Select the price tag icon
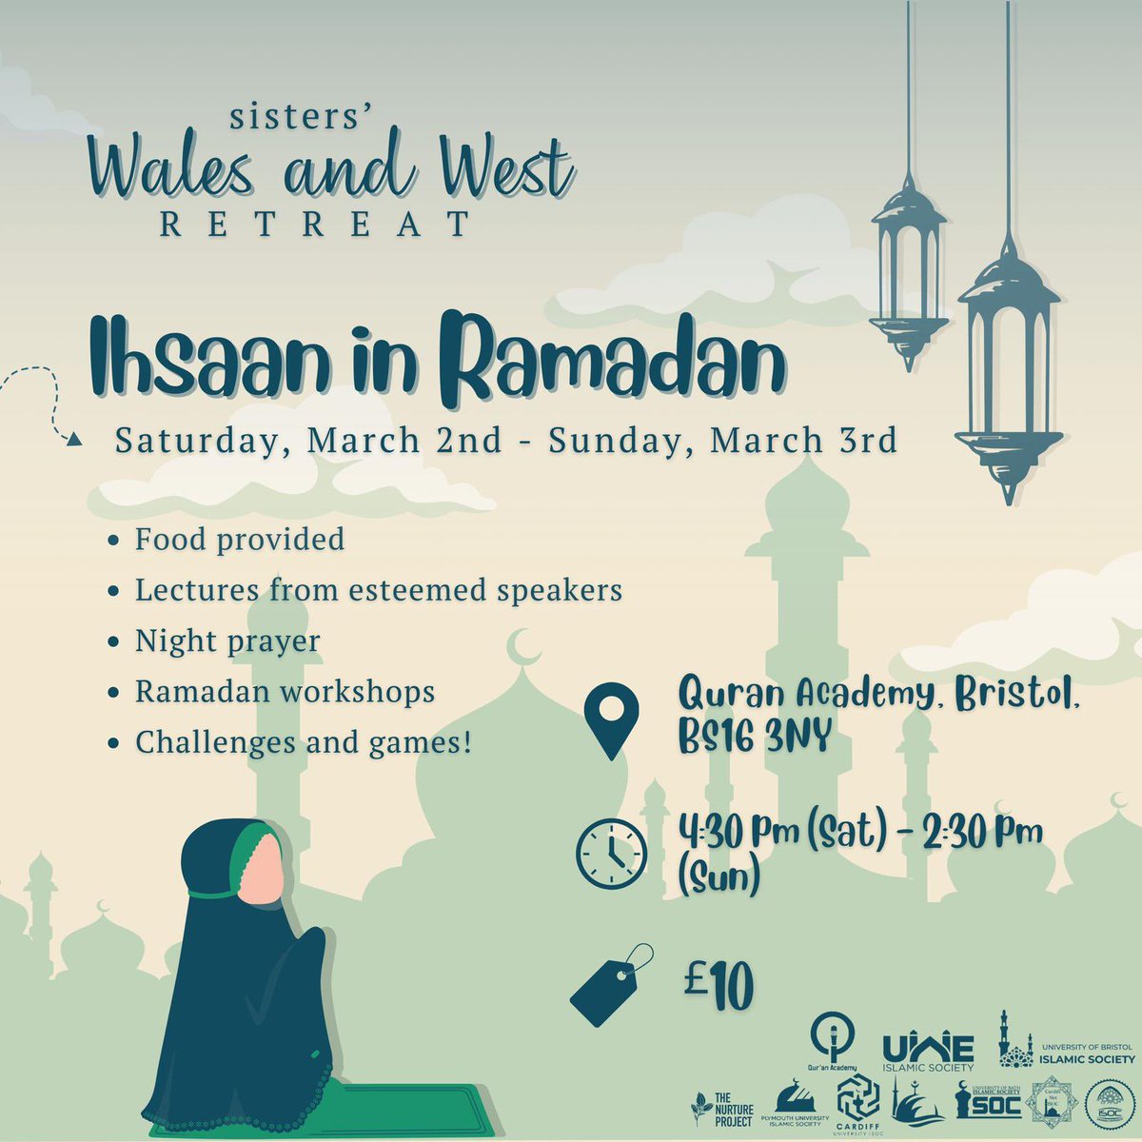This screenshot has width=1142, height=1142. pyautogui.click(x=612, y=984)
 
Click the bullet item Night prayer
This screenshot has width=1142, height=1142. pyautogui.click(x=226, y=640)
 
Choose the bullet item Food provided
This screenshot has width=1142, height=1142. pyautogui.click(x=239, y=540)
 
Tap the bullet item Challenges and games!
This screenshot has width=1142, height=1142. pyautogui.click(x=304, y=741)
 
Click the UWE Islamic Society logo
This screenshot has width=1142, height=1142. pyautogui.click(x=928, y=1052)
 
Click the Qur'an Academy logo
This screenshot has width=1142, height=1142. pyautogui.click(x=831, y=1040)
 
